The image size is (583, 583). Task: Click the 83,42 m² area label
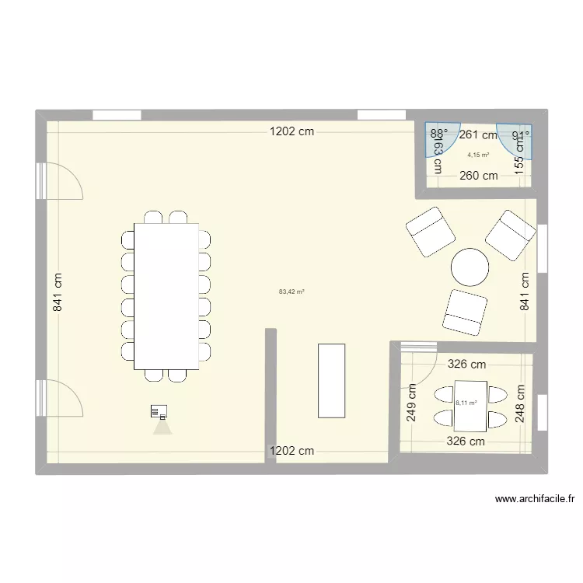(x=291, y=292)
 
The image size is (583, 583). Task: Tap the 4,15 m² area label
(x=477, y=155)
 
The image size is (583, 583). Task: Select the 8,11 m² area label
(x=466, y=403)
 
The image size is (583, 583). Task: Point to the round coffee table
(x=470, y=267)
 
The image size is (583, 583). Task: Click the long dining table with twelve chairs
(x=166, y=295)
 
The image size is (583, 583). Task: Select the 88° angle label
(x=439, y=134)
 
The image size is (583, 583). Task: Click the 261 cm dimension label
(x=477, y=134)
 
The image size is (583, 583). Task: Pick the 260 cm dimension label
(x=478, y=176)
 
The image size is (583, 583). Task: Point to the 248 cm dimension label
(x=520, y=404)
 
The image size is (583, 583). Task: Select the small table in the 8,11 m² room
(x=470, y=406)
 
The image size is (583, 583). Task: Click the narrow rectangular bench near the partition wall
(x=331, y=380)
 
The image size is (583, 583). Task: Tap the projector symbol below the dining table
(x=161, y=411)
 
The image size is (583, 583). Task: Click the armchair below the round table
(x=465, y=311)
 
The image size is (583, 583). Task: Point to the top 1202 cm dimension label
(x=292, y=131)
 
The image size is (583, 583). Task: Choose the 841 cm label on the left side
(x=57, y=292)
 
